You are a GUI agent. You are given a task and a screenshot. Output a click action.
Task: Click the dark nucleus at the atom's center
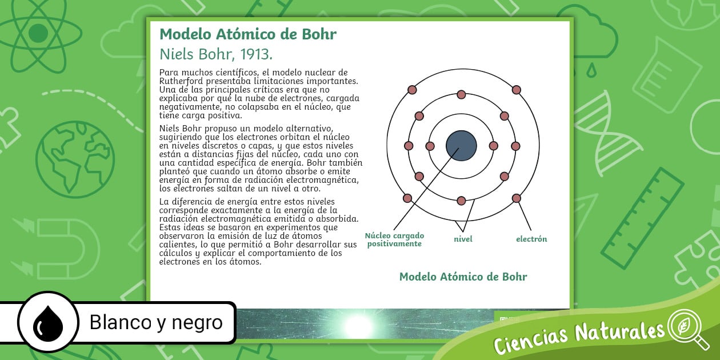461,146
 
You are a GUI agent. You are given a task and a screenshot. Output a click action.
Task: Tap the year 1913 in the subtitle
255,54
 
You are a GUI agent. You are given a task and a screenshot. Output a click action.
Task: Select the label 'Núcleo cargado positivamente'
394,239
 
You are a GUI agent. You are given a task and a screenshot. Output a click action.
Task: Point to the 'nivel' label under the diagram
463,239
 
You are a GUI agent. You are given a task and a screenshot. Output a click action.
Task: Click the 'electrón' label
531,239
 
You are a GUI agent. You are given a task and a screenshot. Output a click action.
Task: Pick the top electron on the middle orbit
461,95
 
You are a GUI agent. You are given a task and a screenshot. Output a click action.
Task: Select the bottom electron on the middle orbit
461,201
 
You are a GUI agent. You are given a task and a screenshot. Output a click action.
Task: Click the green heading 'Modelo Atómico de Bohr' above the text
248,34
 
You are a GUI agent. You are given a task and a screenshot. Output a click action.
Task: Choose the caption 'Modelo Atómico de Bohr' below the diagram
463,277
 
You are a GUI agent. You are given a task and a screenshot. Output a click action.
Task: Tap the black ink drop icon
47,323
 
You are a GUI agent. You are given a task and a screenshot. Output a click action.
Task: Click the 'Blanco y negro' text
156,323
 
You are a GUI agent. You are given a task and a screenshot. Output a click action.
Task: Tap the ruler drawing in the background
651,217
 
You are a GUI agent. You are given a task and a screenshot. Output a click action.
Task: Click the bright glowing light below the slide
359,325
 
